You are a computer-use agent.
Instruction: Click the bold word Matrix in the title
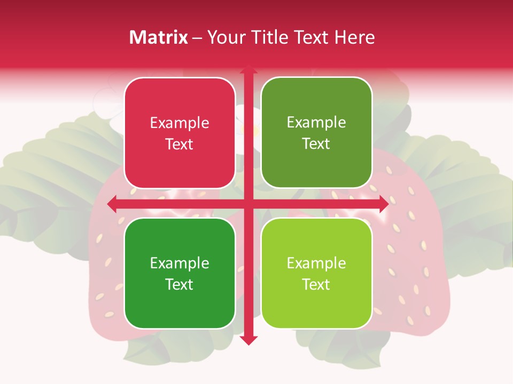(x=159, y=37)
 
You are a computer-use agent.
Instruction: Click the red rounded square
(x=180, y=133)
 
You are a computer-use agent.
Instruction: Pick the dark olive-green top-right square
(x=316, y=133)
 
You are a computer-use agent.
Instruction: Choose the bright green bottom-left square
(x=180, y=273)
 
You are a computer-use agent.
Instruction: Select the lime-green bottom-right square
(x=316, y=273)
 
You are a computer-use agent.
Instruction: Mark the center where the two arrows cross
(x=248, y=204)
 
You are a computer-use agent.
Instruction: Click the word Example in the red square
(x=180, y=123)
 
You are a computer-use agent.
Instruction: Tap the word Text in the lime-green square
(x=316, y=284)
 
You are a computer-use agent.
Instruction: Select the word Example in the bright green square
(x=180, y=263)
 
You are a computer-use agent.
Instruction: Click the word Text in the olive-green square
(x=316, y=143)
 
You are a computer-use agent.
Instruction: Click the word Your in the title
(x=223, y=37)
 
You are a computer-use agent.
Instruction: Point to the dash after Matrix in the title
(x=197, y=38)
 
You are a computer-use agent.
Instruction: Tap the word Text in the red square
(x=180, y=144)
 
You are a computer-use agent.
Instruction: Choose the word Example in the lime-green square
(x=316, y=263)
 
